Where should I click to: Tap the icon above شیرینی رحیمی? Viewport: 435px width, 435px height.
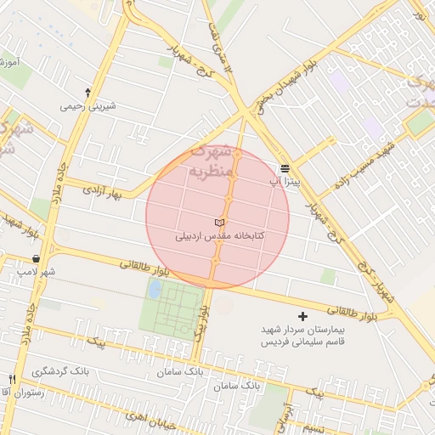(88, 92)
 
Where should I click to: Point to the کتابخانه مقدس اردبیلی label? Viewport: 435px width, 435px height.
(220, 237)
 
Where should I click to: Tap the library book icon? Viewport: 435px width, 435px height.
(221, 223)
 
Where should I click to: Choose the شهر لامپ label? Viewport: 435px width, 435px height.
(36, 272)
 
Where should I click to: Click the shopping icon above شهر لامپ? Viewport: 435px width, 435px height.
(36, 258)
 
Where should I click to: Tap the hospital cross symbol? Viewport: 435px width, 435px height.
(303, 316)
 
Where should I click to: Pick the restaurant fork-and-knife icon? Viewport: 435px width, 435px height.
(12, 379)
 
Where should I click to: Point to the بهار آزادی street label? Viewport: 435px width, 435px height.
(104, 194)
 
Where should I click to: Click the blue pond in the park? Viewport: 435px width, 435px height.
(155, 289)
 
